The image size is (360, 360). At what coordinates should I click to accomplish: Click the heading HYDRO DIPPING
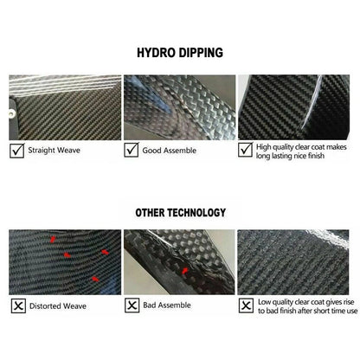(180, 53)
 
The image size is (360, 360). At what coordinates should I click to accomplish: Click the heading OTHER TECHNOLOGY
(181, 213)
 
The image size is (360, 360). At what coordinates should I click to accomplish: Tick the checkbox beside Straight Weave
(17, 151)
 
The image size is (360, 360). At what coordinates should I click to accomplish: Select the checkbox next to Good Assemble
(132, 150)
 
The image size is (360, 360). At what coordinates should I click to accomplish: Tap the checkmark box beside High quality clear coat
(246, 150)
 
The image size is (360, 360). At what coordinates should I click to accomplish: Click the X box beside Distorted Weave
(18, 305)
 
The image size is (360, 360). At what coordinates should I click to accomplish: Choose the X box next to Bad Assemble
(132, 305)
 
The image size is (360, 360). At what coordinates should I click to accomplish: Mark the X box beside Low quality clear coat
(246, 305)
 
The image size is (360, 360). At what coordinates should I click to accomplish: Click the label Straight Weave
(54, 151)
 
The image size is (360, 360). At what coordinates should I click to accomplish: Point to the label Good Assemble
(170, 151)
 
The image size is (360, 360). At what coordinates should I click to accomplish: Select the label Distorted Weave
(58, 305)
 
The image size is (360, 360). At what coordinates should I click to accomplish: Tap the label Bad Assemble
(167, 305)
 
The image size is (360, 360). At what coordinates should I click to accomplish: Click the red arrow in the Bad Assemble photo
(185, 271)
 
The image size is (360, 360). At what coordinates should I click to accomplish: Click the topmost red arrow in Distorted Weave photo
(53, 239)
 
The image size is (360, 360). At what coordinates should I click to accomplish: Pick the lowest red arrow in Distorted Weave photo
(95, 279)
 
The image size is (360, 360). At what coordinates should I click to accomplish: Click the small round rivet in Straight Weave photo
(11, 114)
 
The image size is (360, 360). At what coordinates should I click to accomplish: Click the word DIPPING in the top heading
(201, 53)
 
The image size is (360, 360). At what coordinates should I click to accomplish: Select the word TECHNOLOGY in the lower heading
(196, 213)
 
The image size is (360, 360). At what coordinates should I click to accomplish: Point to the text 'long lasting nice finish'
(290, 156)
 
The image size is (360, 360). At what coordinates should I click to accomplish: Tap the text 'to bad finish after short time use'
(307, 311)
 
